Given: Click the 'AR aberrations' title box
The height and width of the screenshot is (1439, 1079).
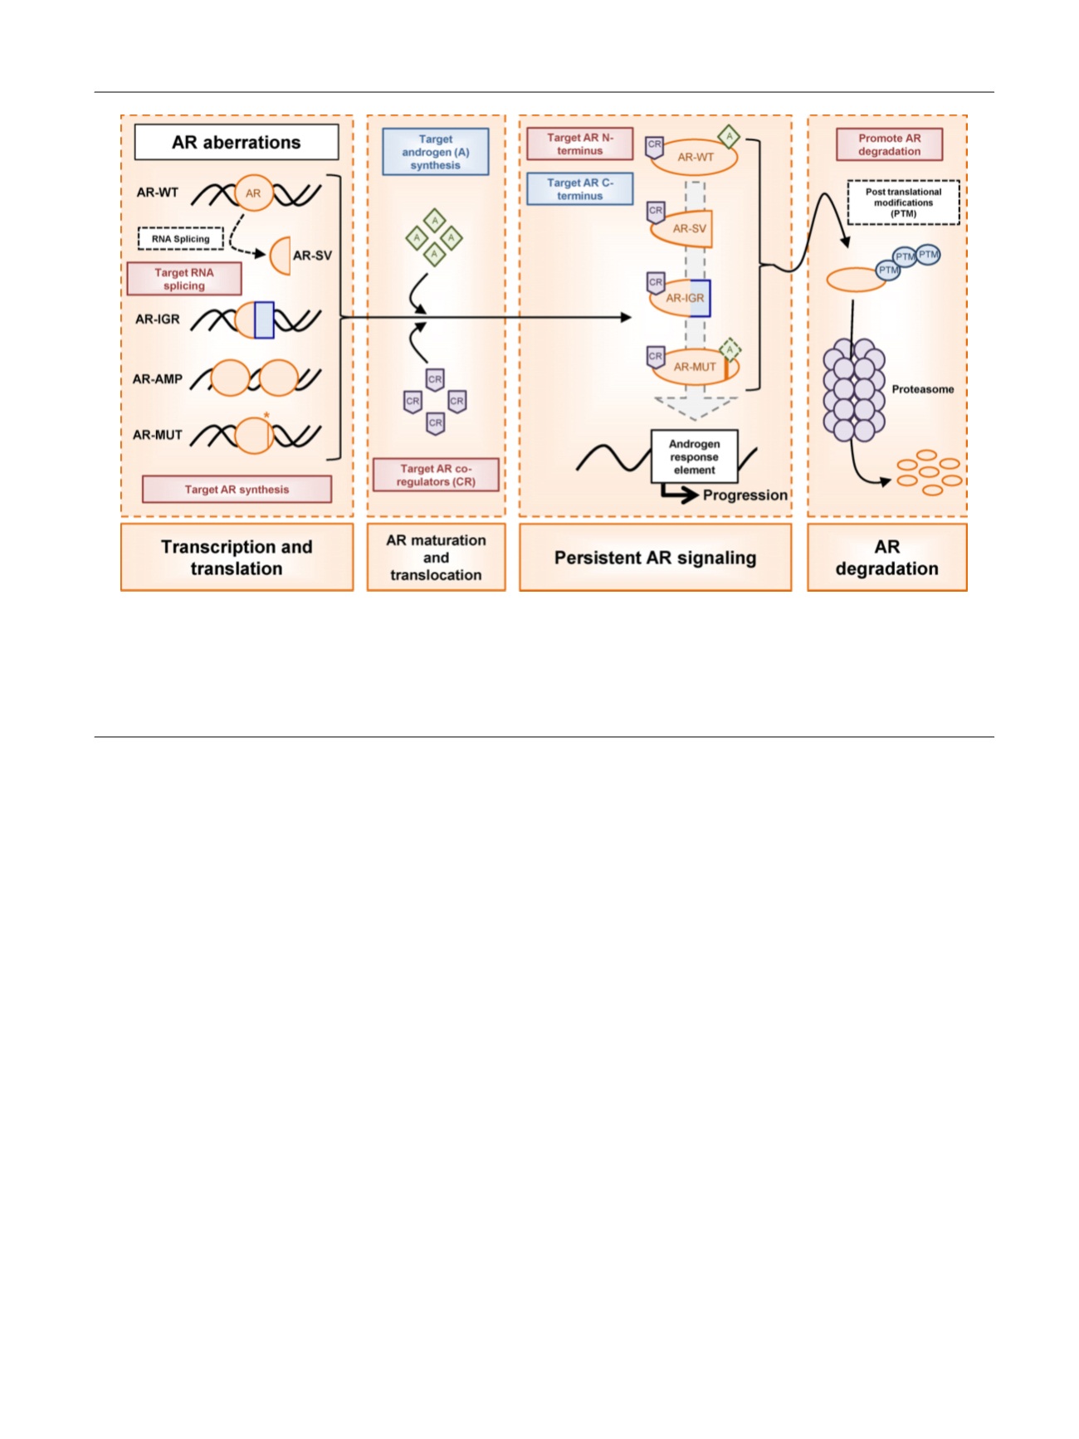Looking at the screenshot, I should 237,142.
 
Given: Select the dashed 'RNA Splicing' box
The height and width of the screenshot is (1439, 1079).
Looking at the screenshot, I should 180,239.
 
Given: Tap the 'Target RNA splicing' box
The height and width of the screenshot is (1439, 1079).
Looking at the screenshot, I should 184,279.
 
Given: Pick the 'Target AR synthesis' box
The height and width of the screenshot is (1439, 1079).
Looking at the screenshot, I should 237,490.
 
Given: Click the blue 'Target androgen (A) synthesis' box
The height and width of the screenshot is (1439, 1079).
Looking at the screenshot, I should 435,152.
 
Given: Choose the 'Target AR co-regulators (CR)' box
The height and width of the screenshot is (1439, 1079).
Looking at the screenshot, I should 436,475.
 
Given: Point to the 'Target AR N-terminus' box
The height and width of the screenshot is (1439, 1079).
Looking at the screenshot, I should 579,144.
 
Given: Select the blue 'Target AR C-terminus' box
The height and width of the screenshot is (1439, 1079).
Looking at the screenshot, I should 579,189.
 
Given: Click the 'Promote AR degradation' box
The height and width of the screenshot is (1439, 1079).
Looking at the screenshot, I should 889,144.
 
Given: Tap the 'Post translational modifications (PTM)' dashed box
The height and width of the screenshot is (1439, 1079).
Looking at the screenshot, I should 903,202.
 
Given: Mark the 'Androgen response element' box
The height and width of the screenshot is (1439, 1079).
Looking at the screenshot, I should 694,456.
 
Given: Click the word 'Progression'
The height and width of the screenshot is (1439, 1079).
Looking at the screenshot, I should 745,495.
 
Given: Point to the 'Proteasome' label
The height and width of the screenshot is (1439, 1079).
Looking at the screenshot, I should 922,389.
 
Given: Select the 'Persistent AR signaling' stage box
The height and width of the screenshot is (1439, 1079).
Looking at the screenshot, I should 655,558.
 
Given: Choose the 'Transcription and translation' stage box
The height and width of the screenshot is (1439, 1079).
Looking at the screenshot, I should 237,558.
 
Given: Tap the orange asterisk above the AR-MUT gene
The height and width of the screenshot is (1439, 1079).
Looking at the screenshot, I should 266,416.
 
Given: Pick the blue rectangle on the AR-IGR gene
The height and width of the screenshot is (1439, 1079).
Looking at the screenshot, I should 264,320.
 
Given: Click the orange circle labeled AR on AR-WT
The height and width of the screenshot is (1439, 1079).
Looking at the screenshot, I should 253,193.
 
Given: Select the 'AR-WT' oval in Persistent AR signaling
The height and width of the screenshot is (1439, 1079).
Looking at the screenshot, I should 694,157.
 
